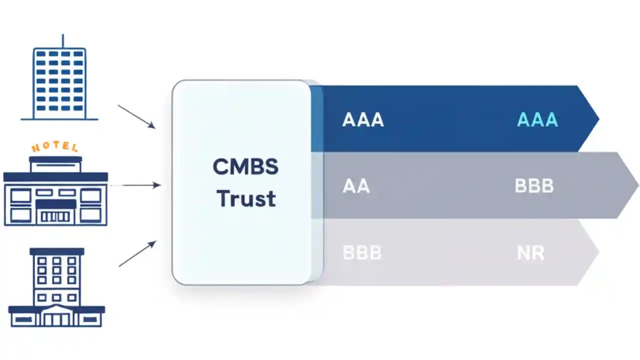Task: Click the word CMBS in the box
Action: pos(245,167)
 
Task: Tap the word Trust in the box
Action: pos(246,198)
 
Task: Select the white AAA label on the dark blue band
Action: pos(363,120)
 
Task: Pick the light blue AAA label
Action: pos(537,120)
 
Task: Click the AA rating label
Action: pos(356,186)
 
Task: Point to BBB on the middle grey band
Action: pos(534,186)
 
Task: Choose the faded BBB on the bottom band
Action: pos(362,252)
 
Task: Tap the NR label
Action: pos(530,252)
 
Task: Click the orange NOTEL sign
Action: pos(55,147)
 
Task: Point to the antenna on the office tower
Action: pos(62,41)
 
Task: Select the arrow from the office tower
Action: pos(136,116)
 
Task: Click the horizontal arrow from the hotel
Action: pos(135,185)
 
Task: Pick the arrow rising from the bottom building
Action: pos(137,254)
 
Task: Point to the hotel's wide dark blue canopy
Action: pos(55,177)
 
